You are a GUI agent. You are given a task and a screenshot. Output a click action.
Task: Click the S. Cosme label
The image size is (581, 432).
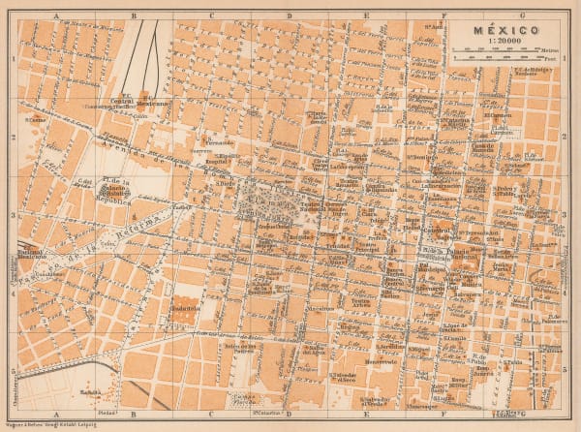tap(36, 120)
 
